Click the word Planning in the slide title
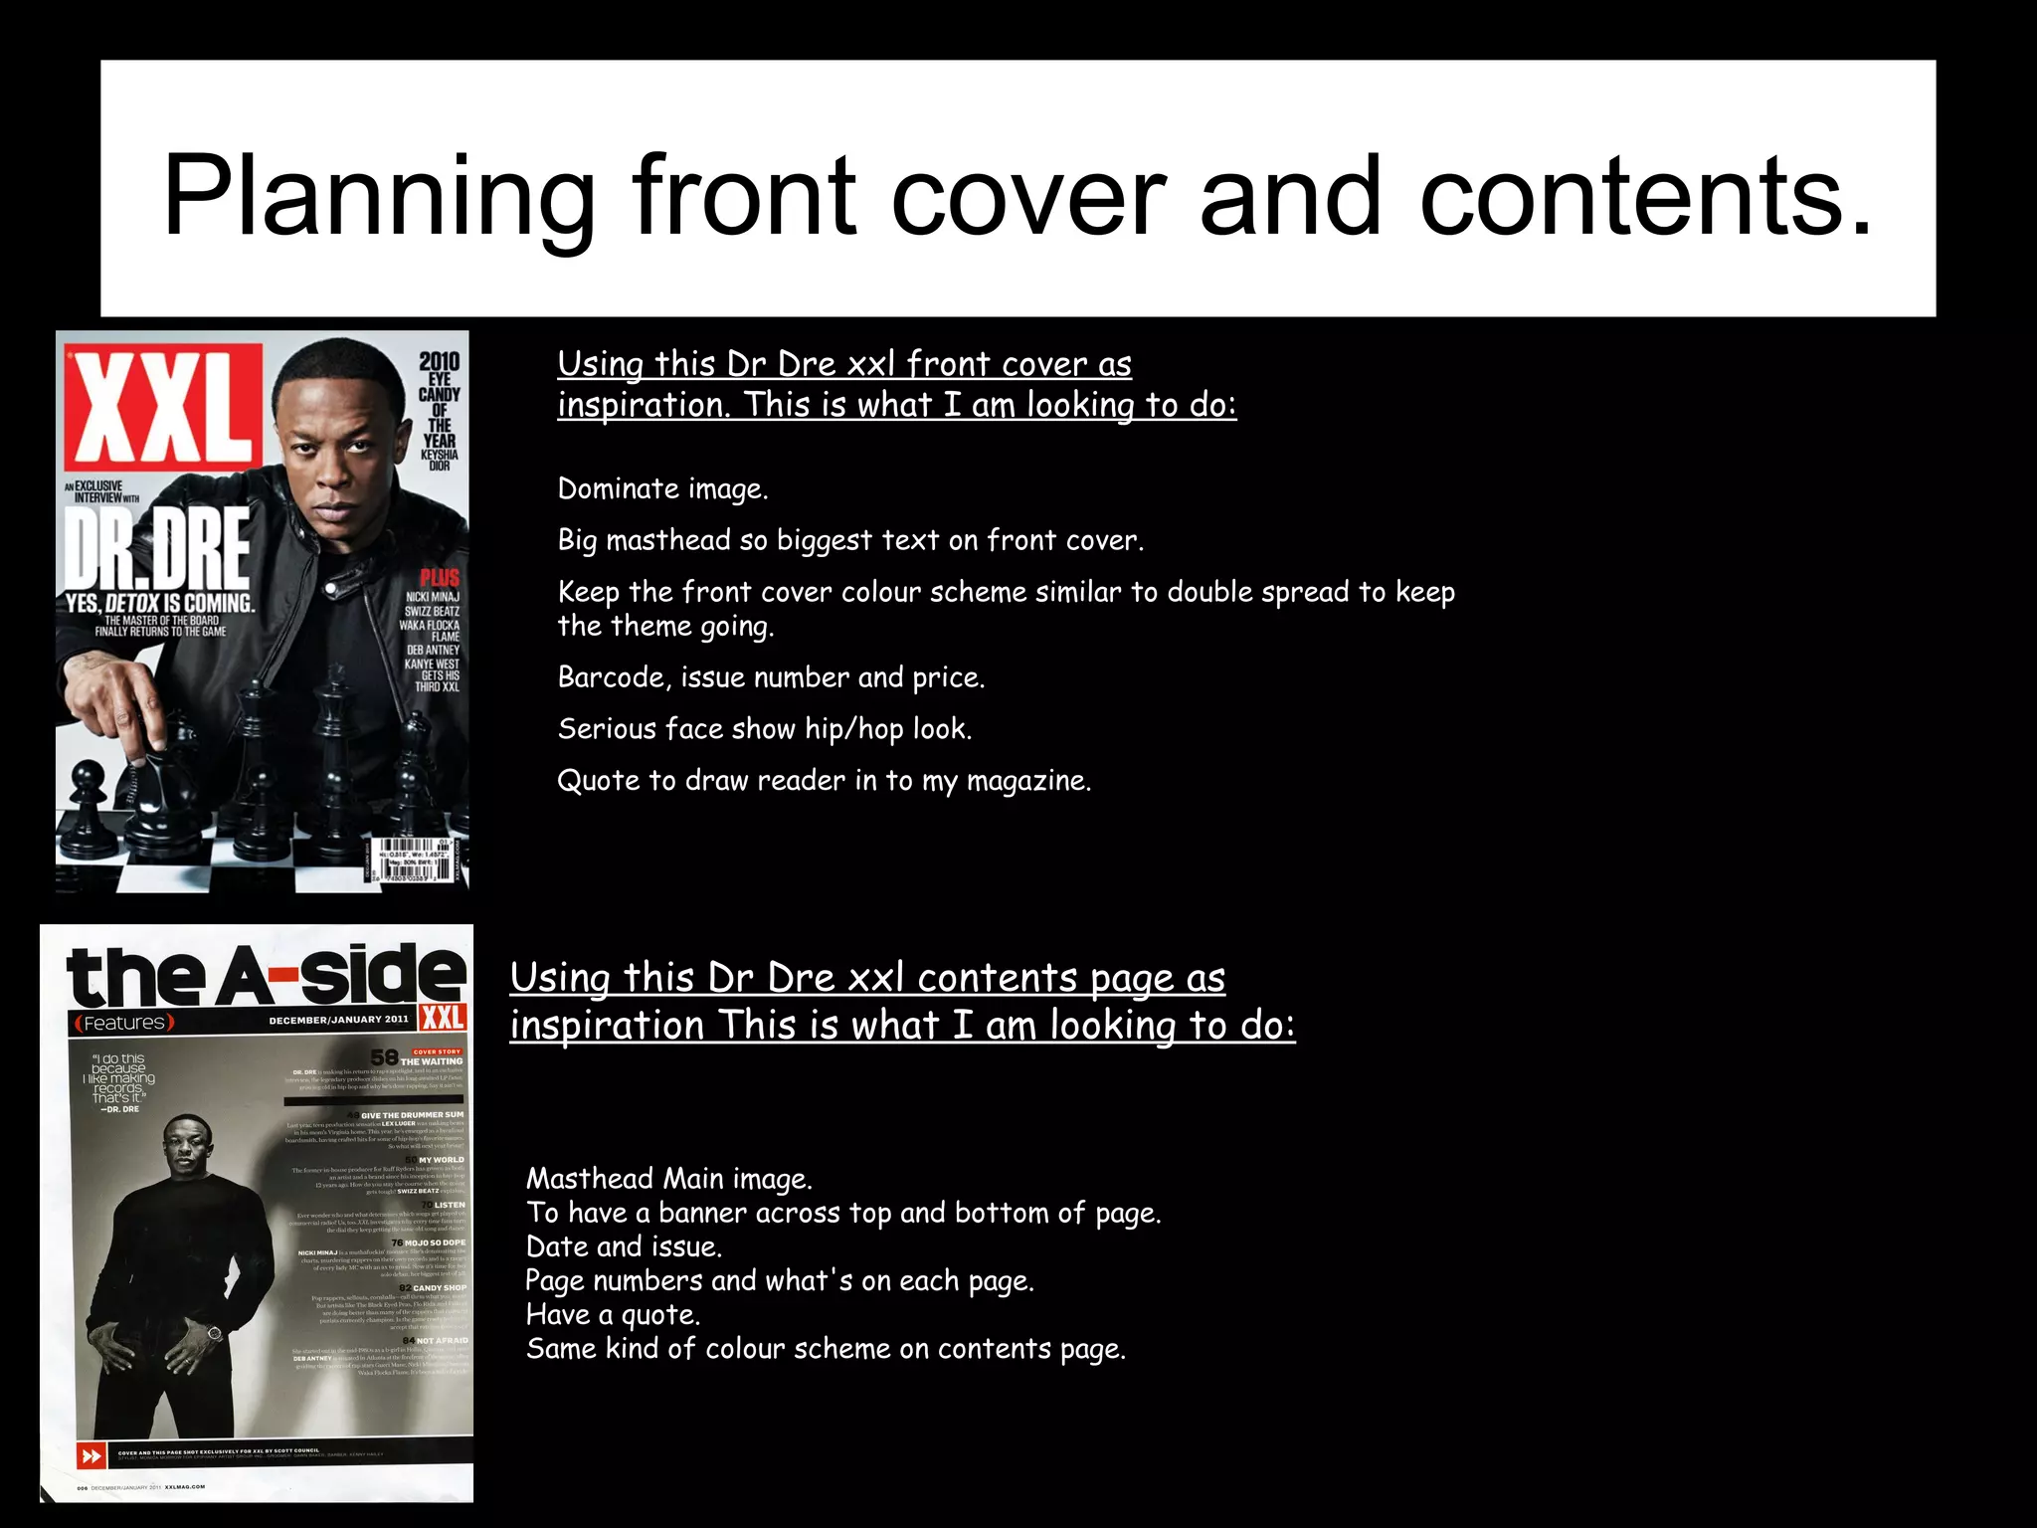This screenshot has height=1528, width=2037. (378, 197)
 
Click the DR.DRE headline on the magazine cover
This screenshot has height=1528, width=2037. (157, 549)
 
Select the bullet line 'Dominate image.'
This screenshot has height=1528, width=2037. (662, 489)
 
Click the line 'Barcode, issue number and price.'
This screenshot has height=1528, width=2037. (771, 677)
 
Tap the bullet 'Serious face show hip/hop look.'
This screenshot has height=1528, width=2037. (764, 729)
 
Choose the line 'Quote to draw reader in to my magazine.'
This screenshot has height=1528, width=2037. (824, 781)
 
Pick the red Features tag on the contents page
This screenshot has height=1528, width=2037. (123, 1023)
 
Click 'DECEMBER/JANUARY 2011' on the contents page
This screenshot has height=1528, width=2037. (338, 1020)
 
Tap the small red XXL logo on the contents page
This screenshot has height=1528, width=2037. (443, 1017)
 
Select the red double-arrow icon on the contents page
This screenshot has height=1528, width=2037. (91, 1456)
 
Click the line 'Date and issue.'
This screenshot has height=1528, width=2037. (624, 1247)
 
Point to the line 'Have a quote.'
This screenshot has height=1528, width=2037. (613, 1315)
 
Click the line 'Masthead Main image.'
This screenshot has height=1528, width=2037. (668, 1180)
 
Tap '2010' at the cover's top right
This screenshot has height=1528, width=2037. (439, 361)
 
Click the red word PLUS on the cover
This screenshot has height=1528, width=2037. (440, 578)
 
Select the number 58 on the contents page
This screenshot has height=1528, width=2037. (384, 1056)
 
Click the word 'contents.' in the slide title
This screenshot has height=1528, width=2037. (1645, 197)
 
